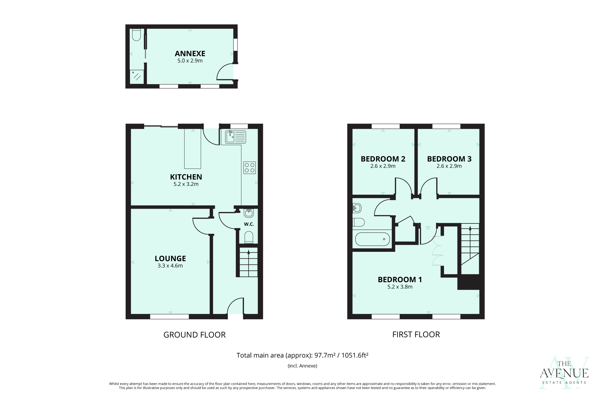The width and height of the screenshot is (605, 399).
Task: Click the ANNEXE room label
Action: pos(190,53)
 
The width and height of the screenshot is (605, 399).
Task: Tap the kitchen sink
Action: pos(235,137)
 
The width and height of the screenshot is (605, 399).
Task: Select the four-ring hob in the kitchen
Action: pos(249,168)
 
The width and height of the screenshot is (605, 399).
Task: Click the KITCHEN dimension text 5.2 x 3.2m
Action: pos(186,184)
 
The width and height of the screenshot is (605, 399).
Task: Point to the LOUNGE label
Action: pos(170,259)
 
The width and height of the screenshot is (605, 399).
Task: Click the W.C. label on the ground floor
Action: pos(249,224)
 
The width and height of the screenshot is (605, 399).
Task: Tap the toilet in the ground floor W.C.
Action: pos(249,237)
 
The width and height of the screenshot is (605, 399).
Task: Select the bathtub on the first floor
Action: pos(373,239)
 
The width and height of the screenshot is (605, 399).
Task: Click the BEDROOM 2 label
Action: pos(383,159)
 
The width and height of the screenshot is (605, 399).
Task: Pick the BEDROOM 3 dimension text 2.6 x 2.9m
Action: pos(449,166)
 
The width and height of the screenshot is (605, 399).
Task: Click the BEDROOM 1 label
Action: pos(400,280)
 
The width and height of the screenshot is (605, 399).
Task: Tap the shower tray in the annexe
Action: pos(136,77)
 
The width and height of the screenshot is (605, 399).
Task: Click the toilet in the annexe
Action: pos(136,35)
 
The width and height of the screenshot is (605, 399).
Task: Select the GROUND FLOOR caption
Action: pos(194,335)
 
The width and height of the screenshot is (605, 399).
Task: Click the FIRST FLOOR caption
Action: pos(416,335)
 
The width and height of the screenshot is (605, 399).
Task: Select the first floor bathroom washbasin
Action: pos(357,208)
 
